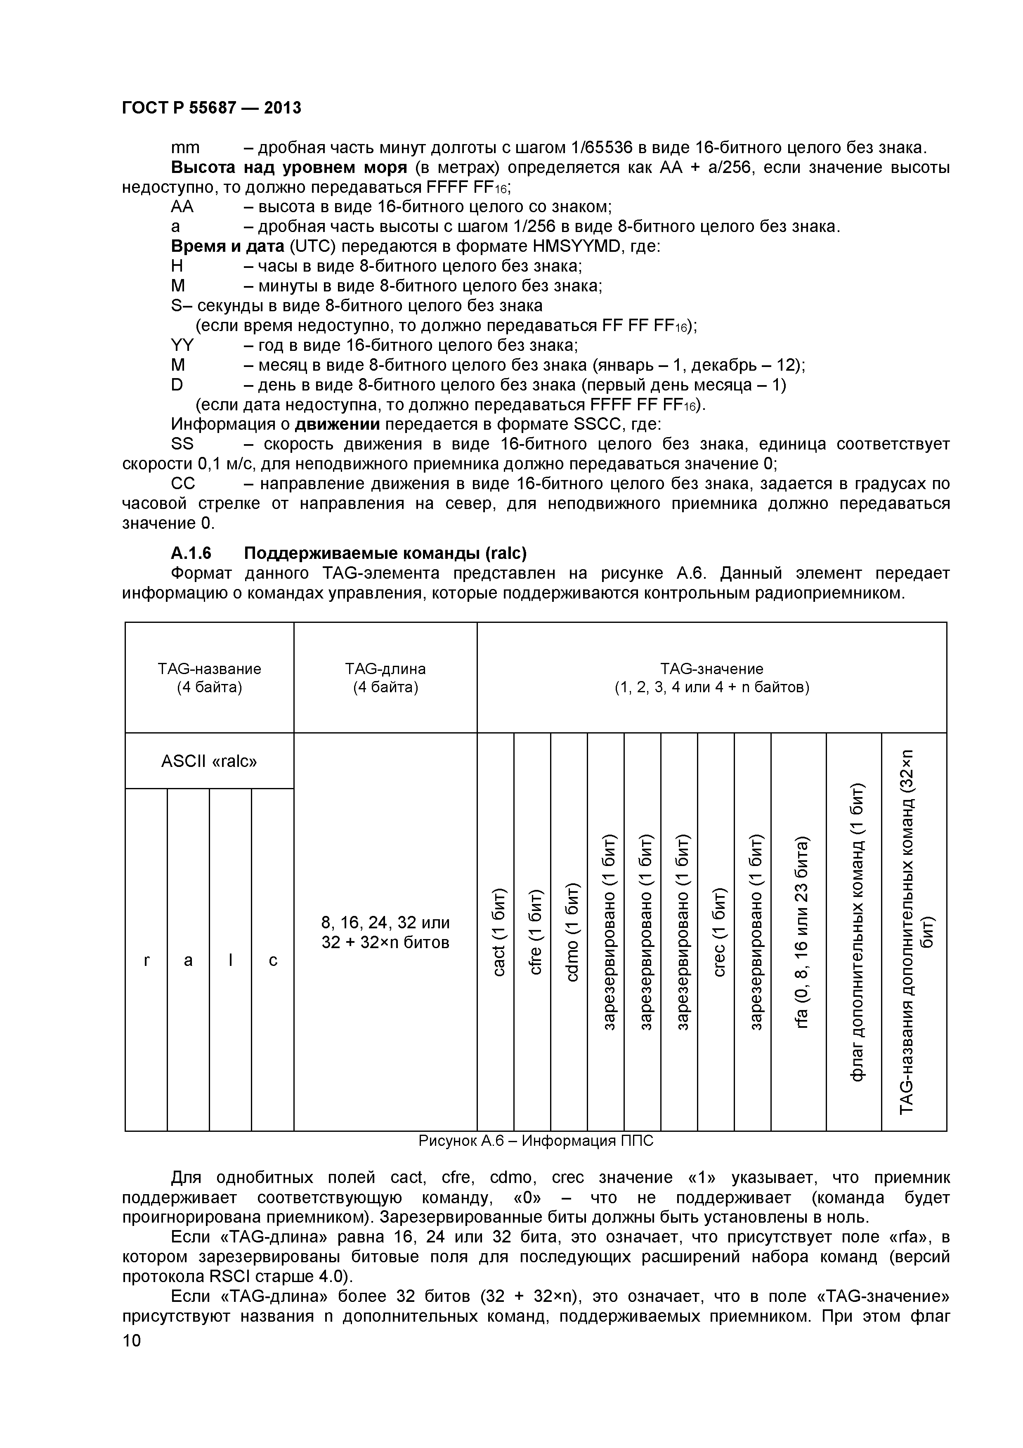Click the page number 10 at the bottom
132,1358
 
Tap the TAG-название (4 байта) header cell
209,677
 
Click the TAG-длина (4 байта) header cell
385,677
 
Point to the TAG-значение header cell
711,677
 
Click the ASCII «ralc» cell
209,761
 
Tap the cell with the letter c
273,960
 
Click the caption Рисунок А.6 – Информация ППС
536,1141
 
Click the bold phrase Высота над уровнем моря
289,168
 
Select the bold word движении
337,424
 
